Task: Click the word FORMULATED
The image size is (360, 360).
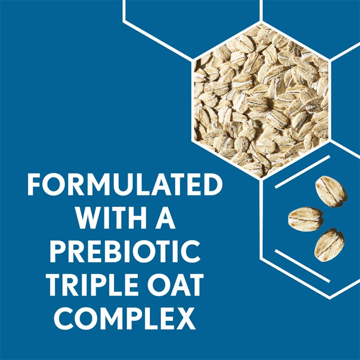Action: pyautogui.click(x=125, y=184)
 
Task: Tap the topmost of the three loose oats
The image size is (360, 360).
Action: pyautogui.click(x=331, y=191)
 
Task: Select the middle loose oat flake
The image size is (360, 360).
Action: pyautogui.click(x=306, y=219)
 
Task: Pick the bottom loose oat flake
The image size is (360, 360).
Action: pyautogui.click(x=329, y=246)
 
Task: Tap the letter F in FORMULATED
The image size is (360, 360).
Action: pyautogui.click(x=34, y=184)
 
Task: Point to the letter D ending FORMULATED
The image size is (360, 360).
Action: pyautogui.click(x=213, y=184)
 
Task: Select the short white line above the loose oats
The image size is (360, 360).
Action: pyautogui.click(x=302, y=172)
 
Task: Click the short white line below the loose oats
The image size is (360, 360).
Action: pyautogui.click(x=302, y=265)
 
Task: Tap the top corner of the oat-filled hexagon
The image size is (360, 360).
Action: pyautogui.click(x=261, y=22)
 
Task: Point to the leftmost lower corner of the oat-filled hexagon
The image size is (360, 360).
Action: pyautogui.click(x=193, y=140)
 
